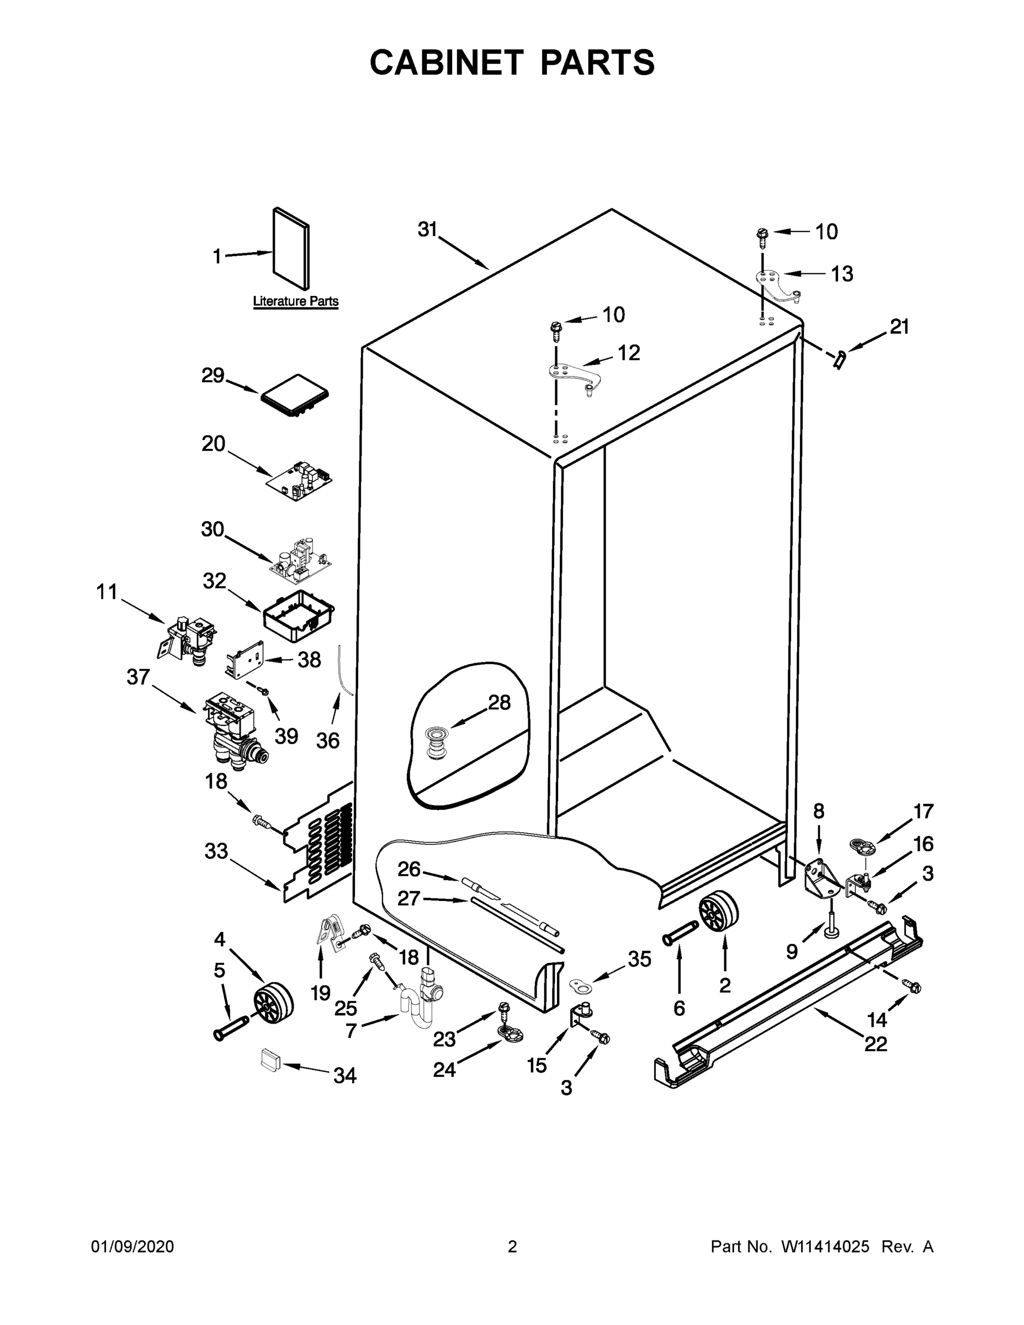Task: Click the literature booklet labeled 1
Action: pyautogui.click(x=291, y=249)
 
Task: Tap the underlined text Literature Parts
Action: pyautogui.click(x=295, y=301)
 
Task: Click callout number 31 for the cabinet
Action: pyautogui.click(x=427, y=229)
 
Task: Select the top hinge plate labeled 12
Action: pyautogui.click(x=573, y=378)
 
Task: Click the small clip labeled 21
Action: pyautogui.click(x=840, y=360)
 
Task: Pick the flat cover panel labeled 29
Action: pyautogui.click(x=295, y=395)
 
